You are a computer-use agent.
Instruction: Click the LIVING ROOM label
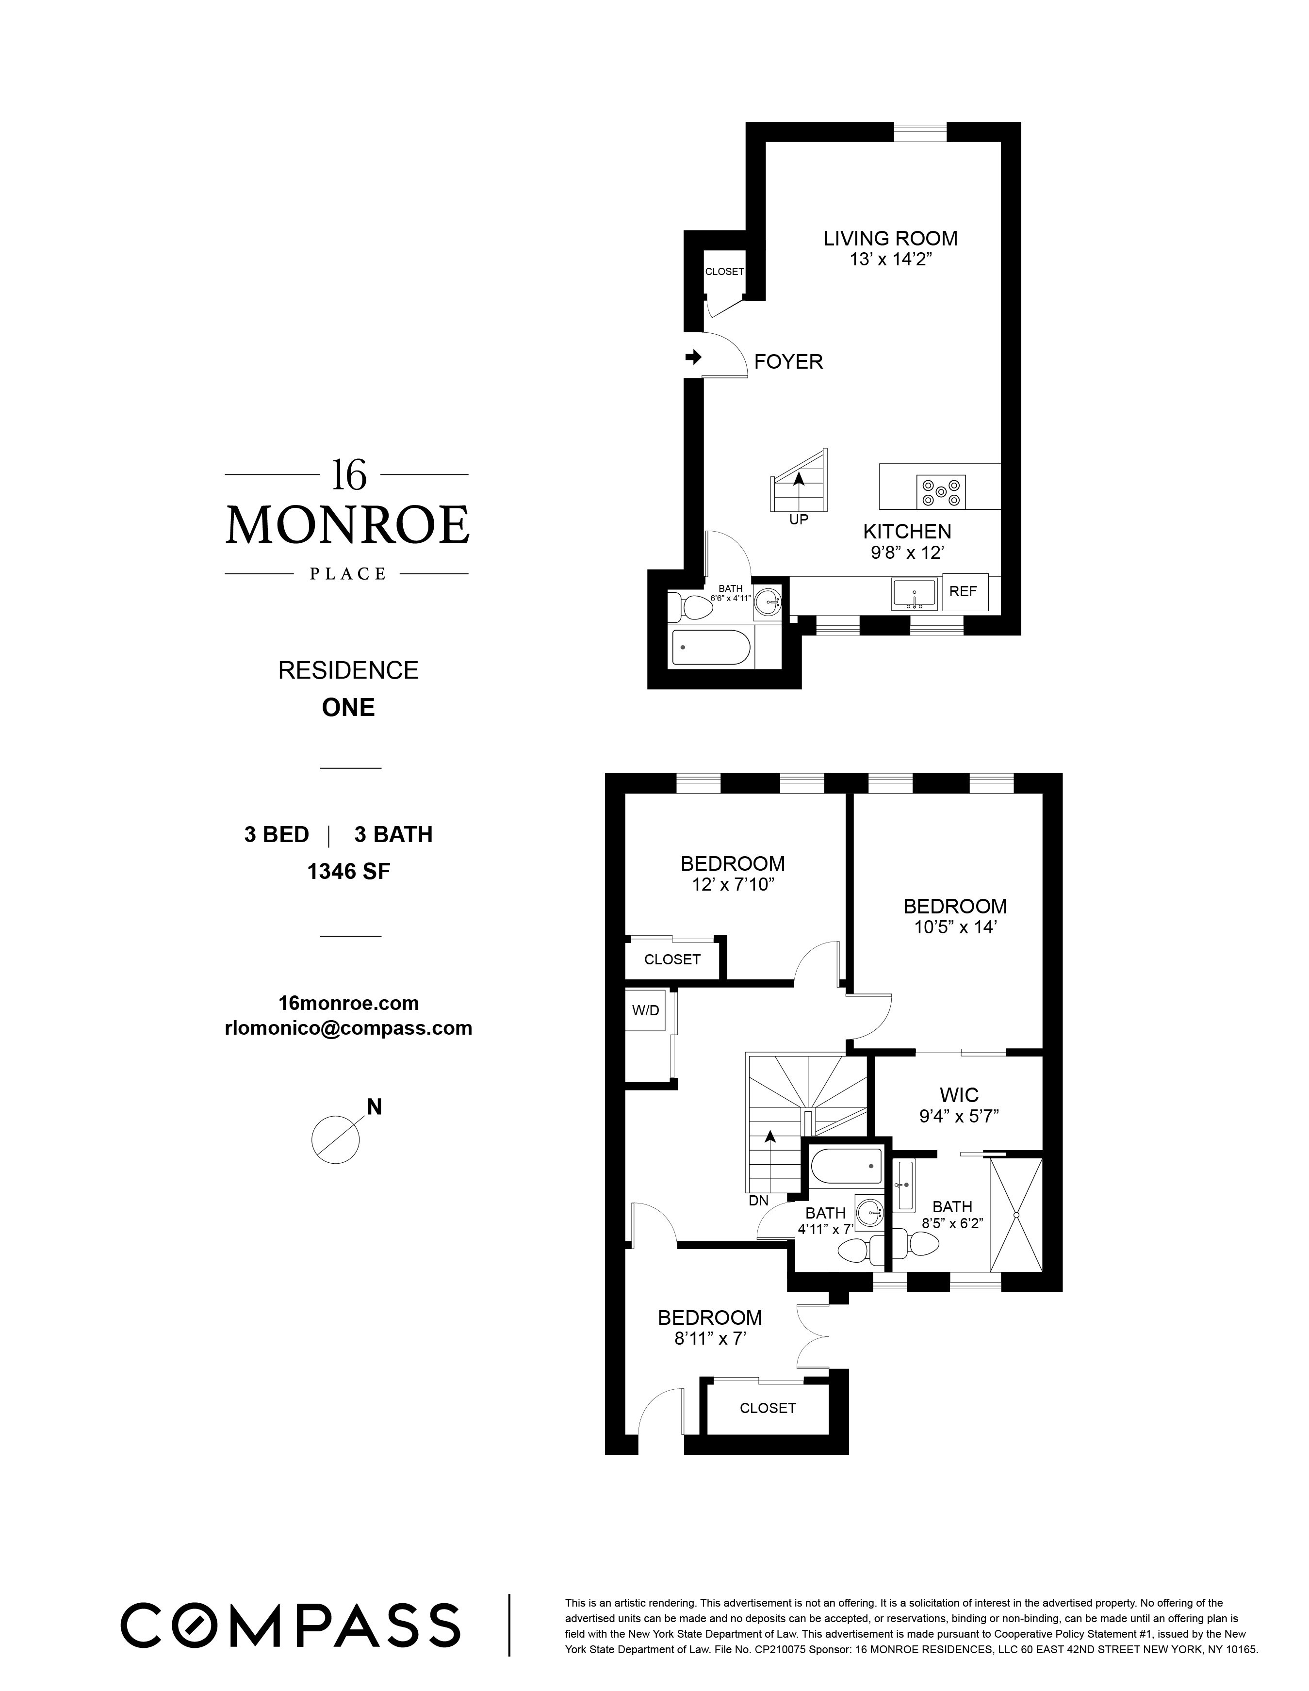[890, 239]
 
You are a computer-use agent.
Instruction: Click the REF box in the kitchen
[964, 591]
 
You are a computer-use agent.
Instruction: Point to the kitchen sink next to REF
[914, 594]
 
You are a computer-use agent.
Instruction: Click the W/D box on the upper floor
[645, 1010]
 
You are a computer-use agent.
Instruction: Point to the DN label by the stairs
[758, 1201]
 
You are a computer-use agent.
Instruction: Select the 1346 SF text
[348, 872]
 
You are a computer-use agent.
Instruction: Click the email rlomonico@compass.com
[348, 1028]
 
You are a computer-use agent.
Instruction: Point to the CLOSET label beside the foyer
[724, 272]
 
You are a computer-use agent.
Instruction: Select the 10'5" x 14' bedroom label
[955, 927]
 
